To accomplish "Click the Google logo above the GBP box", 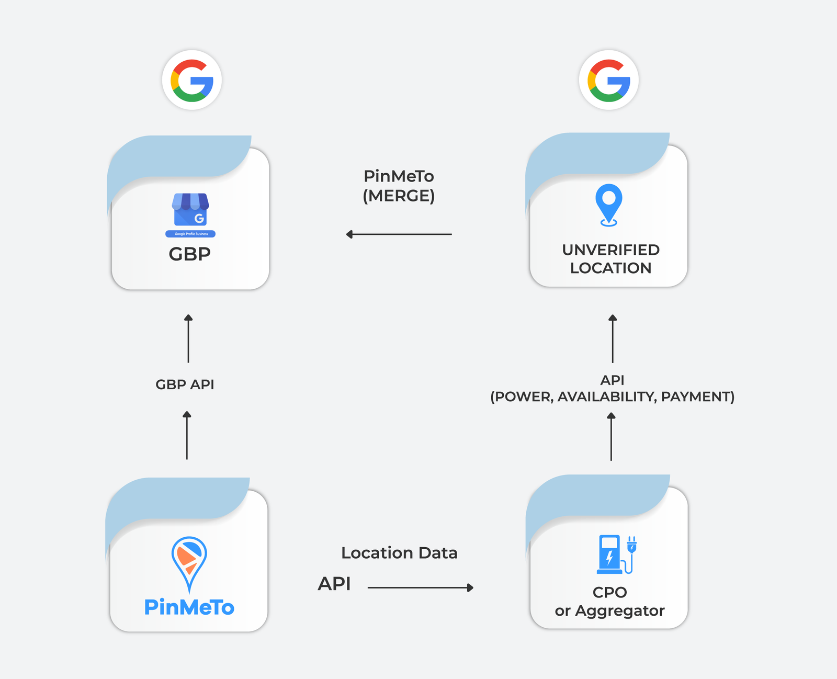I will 192,80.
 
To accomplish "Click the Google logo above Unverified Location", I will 609,80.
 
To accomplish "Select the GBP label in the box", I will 189,254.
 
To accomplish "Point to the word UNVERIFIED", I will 610,250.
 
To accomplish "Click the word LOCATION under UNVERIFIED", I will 610,268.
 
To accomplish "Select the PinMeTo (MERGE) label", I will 399,186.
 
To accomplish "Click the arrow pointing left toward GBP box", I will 399,234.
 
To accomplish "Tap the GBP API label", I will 185,384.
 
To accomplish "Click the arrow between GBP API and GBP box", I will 188,338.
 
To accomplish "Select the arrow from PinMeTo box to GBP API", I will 187,435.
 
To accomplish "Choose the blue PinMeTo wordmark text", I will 189,607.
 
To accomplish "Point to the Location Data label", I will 399,553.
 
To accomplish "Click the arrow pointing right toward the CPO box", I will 420,588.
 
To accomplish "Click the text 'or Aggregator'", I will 609,611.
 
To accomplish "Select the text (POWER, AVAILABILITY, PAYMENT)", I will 612,397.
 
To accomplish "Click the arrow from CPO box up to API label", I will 611,437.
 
